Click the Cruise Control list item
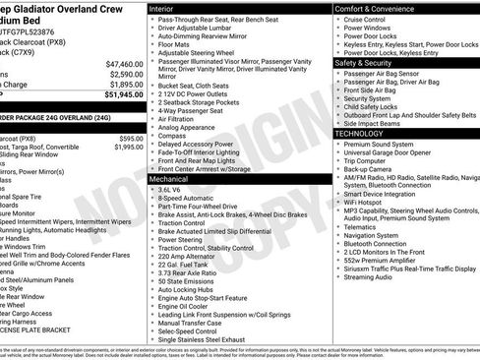(365, 20)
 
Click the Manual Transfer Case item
(193, 323)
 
